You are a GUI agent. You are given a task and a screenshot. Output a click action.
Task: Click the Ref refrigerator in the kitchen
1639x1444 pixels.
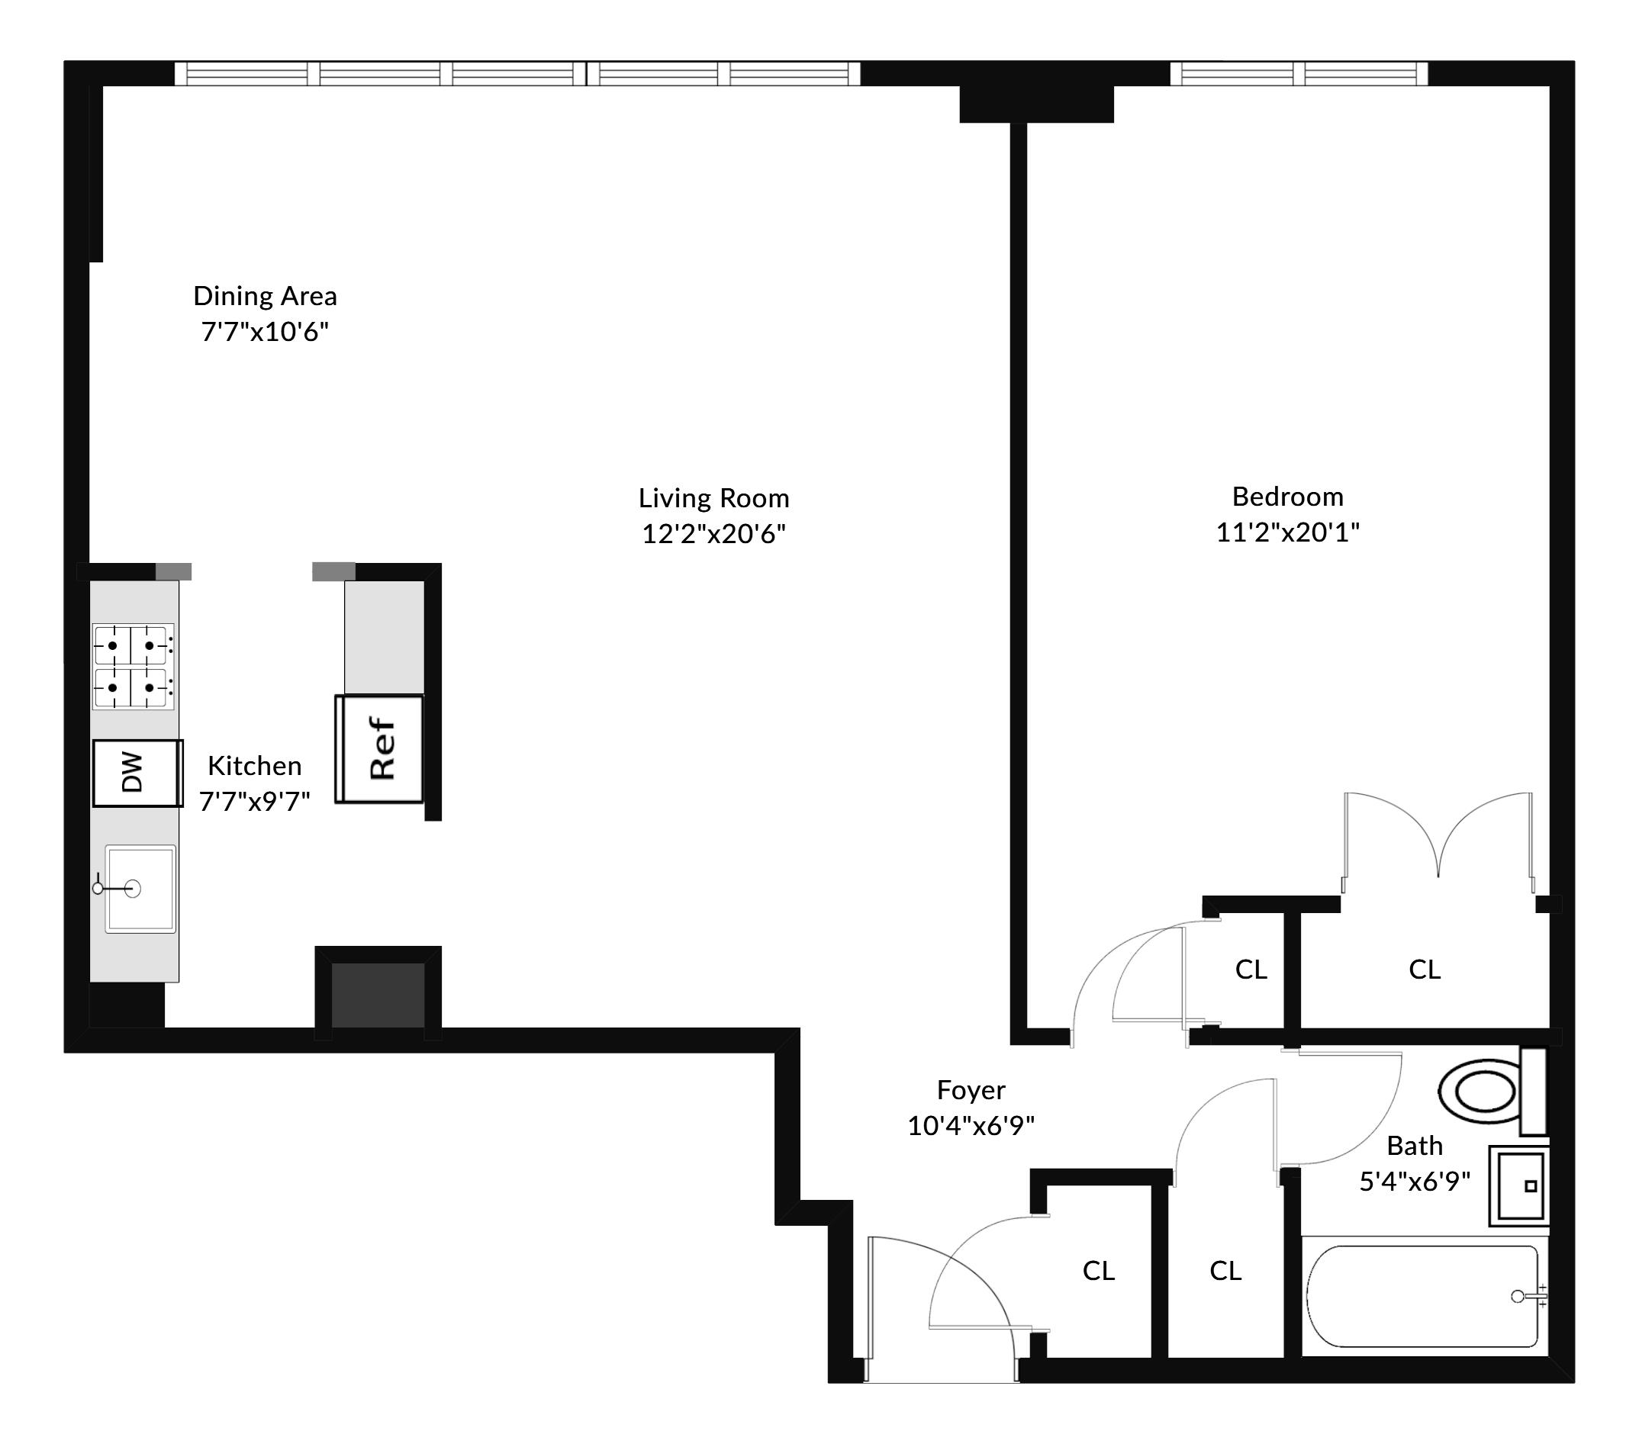379,749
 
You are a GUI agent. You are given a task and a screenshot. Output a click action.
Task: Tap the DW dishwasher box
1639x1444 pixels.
137,773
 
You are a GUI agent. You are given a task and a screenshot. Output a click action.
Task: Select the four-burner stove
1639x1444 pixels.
133,666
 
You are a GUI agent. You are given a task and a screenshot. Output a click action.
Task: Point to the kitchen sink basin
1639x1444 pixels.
140,889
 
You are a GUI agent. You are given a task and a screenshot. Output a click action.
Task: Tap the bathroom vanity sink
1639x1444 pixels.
1518,1186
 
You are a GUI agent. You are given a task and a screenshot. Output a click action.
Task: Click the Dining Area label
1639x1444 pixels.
266,296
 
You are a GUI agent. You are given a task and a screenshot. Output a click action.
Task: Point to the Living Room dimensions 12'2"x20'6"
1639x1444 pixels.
713,533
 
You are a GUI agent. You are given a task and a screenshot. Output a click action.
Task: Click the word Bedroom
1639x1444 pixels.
1288,497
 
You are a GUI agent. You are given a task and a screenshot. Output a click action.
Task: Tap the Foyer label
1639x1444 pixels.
971,1090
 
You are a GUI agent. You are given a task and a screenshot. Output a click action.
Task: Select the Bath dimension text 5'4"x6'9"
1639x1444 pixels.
1415,1181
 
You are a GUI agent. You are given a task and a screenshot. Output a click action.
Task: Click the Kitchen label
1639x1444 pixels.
255,766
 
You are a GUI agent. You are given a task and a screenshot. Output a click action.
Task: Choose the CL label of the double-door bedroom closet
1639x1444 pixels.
1425,970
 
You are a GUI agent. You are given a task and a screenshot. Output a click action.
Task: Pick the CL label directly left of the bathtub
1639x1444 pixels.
1225,1270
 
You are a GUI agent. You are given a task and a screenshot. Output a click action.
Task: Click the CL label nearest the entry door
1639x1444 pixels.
1099,1270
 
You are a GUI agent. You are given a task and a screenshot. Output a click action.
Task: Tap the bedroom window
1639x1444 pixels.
1299,74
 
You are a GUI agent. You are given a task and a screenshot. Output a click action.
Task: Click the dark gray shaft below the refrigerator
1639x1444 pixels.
378,995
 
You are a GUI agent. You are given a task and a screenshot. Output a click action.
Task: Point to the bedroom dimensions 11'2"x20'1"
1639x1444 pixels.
1288,532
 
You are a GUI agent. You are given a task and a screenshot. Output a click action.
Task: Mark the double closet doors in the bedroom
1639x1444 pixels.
1438,843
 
